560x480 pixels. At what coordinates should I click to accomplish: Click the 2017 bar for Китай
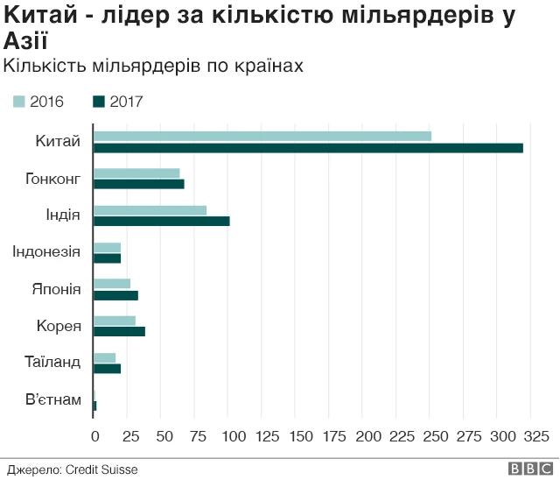click(x=308, y=148)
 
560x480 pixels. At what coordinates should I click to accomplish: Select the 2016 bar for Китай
click(x=262, y=136)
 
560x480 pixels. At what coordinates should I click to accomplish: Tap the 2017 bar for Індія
click(x=162, y=221)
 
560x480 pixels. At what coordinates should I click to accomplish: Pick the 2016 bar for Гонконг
click(x=136, y=173)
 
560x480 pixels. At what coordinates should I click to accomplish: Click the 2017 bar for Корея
click(x=119, y=331)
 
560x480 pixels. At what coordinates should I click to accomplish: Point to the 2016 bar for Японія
click(x=112, y=283)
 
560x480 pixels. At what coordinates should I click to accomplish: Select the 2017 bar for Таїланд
click(x=107, y=368)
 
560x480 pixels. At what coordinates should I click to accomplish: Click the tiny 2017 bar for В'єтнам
click(x=94, y=406)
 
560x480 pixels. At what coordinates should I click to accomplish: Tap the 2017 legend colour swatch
click(x=98, y=102)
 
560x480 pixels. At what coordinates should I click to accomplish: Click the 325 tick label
click(x=535, y=435)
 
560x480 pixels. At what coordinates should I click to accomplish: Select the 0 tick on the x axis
click(x=94, y=435)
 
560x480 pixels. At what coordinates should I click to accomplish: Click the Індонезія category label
click(x=46, y=252)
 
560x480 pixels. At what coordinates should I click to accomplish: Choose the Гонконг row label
click(x=53, y=179)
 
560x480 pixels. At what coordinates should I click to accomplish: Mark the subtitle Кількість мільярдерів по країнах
click(x=153, y=67)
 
